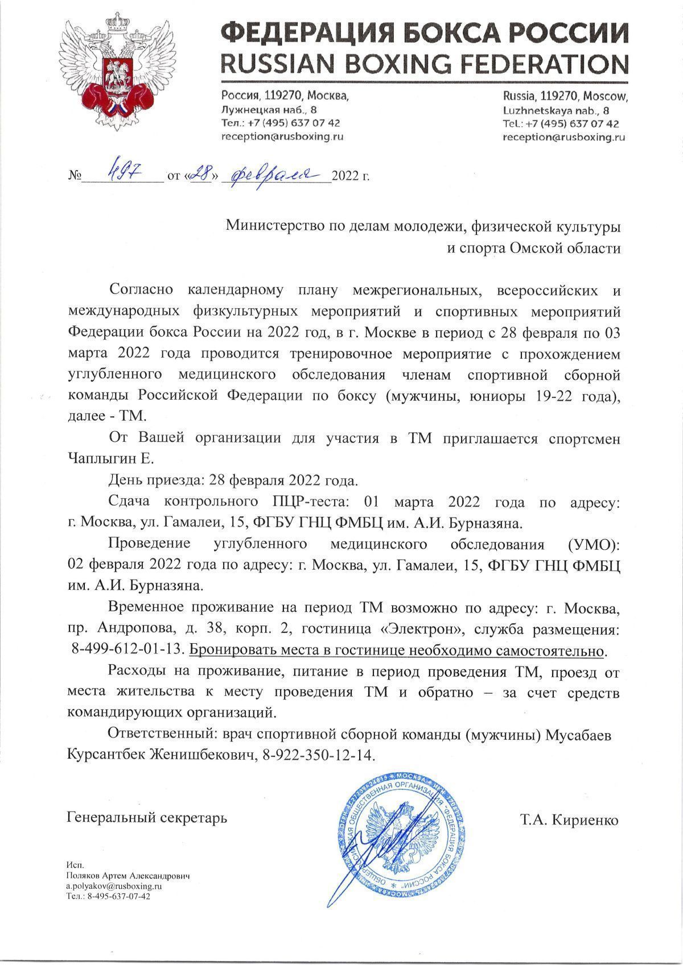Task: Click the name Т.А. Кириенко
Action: (568, 820)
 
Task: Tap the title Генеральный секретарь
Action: (147, 818)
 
